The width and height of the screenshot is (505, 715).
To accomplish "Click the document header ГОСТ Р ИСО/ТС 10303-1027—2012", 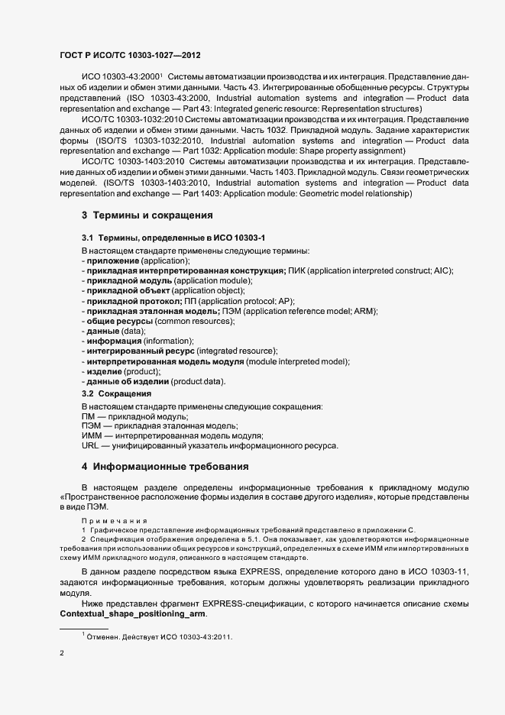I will tap(131, 56).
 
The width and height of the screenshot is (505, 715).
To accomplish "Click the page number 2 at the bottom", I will tap(62, 654).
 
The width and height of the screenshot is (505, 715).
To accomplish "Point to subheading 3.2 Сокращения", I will tap(116, 393).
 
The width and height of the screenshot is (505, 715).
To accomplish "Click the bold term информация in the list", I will tap(113, 341).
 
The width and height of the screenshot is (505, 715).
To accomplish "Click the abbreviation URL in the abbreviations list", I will tap(90, 445).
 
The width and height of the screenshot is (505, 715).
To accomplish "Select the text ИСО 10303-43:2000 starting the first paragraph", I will tap(118, 77).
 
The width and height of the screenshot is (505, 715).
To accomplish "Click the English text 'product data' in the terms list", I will tap(197, 380).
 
